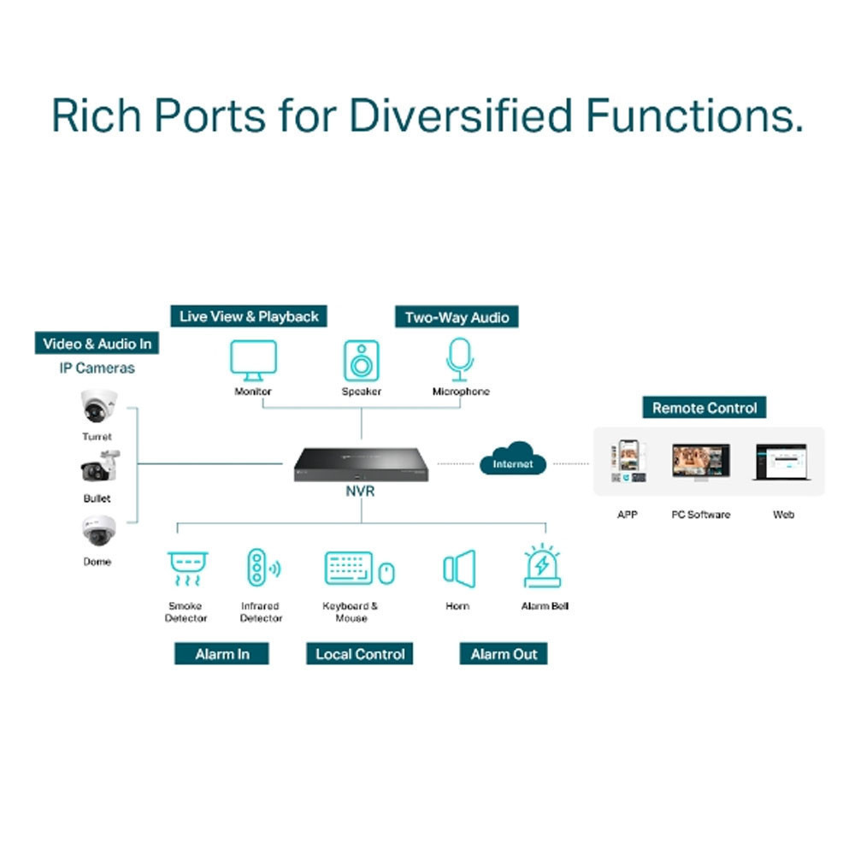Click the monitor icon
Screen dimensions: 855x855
coord(253,360)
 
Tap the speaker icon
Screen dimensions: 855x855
coord(361,360)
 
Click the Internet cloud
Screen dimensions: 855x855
coord(513,459)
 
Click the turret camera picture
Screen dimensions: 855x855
coord(97,407)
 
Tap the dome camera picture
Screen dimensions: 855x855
coord(97,532)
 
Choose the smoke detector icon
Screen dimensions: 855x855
coord(187,569)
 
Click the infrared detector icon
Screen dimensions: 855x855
coord(261,569)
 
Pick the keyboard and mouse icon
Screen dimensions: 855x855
coord(359,569)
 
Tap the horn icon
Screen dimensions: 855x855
coord(458,569)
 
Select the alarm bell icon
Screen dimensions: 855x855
coord(542,567)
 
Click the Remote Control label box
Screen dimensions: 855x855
coord(705,408)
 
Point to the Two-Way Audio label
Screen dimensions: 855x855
coord(457,317)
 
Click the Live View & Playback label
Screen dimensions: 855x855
coord(249,316)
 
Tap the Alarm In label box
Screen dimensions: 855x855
coord(222,654)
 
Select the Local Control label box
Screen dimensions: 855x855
coord(360,654)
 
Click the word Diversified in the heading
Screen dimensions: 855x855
coord(459,115)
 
